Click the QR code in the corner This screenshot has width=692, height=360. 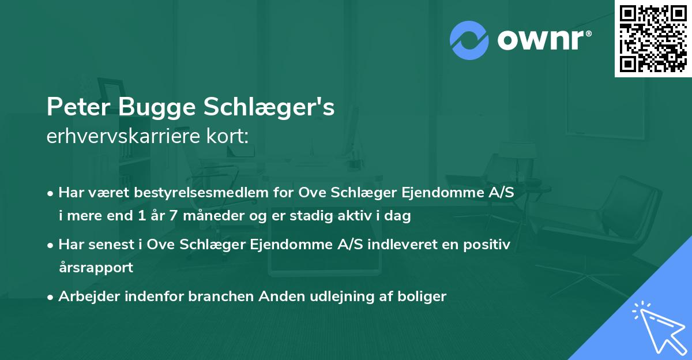point(653,38)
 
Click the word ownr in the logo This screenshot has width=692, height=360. point(543,40)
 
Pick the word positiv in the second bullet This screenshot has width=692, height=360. point(488,245)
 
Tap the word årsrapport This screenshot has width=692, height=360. point(96,268)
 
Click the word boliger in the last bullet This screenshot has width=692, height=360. point(424,297)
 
